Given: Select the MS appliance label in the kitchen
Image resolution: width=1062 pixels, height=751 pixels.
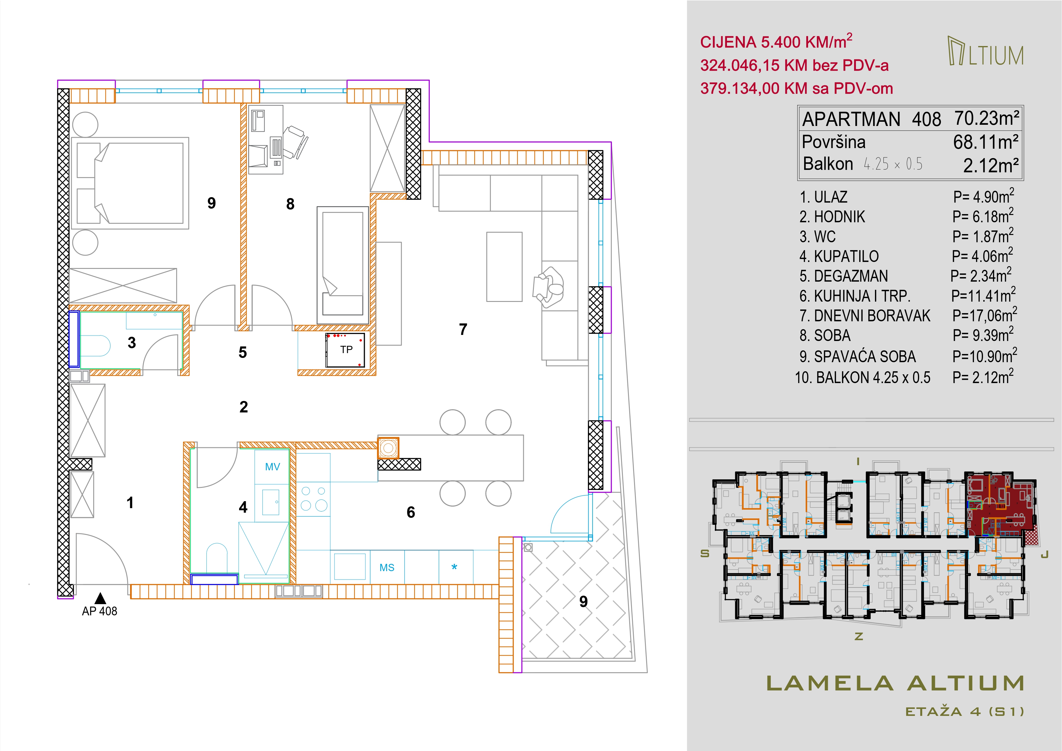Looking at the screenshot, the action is (387, 568).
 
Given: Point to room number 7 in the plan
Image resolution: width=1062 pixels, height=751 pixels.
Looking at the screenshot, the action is (463, 329).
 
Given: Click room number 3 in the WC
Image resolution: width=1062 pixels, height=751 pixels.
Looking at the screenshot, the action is (132, 343).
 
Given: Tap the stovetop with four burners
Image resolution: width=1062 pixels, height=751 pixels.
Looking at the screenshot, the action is (314, 498).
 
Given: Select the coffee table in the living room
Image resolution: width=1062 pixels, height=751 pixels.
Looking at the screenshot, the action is (504, 266).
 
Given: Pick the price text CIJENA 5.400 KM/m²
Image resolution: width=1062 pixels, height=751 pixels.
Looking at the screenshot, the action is (776, 42).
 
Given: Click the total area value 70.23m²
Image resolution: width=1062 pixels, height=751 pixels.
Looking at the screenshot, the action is (987, 118).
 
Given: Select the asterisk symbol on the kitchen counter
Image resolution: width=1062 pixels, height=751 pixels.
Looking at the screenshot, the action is (454, 567).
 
